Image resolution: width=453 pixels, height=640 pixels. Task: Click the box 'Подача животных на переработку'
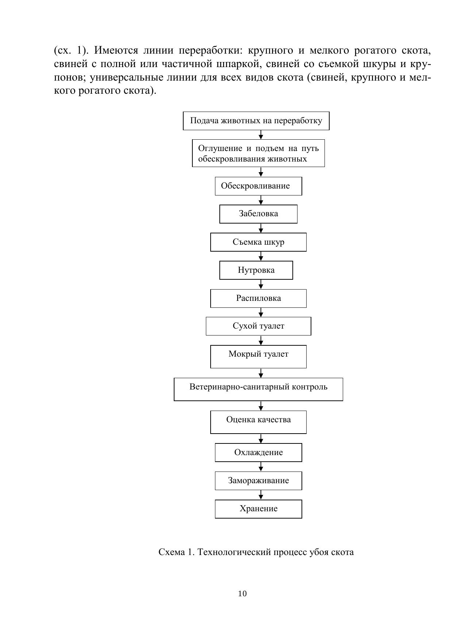point(256,121)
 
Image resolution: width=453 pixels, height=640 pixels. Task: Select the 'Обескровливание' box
point(258,186)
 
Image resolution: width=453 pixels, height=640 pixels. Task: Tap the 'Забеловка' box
point(258,214)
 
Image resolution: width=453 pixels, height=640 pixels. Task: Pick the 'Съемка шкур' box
point(258,242)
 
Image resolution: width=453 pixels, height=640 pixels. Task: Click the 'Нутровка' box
point(256,270)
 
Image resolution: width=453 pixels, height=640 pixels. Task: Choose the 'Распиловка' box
point(258,298)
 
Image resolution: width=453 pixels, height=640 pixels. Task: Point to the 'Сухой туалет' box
point(258,326)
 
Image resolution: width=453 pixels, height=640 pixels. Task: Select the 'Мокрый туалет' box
point(258,357)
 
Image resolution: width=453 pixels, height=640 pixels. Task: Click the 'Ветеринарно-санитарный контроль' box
point(258,389)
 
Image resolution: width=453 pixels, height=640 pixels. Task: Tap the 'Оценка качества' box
point(258,422)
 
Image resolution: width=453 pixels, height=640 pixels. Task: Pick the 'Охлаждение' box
point(258,453)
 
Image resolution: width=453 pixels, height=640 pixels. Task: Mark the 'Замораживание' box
point(258,481)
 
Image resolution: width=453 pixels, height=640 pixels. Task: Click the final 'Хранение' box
point(258,509)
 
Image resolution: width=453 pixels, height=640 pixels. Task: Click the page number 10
point(242,594)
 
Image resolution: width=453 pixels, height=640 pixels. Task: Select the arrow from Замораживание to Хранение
point(261,495)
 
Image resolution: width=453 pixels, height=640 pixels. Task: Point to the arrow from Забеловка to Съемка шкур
point(261,228)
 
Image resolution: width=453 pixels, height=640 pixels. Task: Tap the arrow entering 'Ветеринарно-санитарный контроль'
point(261,373)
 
